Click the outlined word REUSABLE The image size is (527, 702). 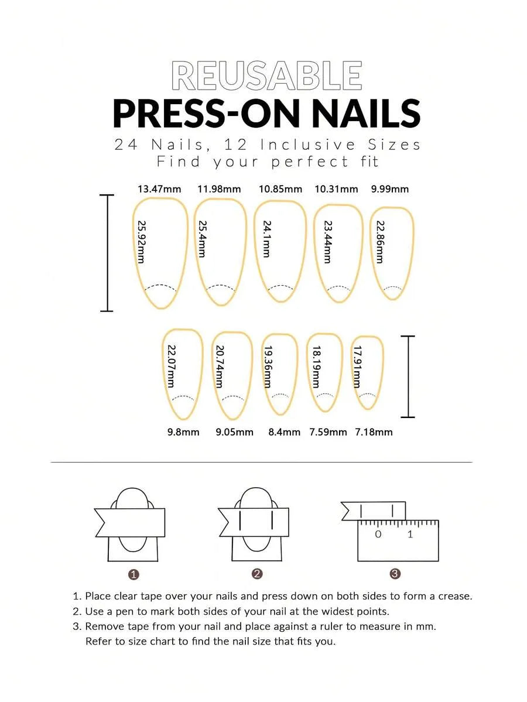coord(266,76)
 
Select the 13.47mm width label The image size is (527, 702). coord(159,189)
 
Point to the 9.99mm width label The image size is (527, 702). coord(389,189)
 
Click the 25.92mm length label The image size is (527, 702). coord(141,242)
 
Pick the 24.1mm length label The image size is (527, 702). coord(267,239)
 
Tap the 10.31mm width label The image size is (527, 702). coord(336,189)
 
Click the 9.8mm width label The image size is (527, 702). coord(183,432)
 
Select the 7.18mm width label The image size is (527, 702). coord(374,432)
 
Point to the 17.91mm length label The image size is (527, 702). coord(357,366)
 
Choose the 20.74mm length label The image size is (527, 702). coord(220,366)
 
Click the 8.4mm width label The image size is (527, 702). coord(285,432)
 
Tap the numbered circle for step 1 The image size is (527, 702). coord(133,574)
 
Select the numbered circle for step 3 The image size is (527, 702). coord(395,574)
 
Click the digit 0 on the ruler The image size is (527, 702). coord(378,534)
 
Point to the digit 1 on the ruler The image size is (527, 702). coord(410,534)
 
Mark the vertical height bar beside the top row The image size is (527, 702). coord(107,253)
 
